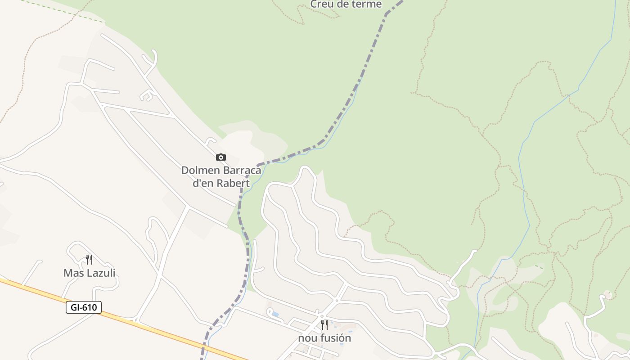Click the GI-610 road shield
pos(84,307)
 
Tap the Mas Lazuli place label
pos(89,273)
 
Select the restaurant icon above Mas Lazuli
pos(89,260)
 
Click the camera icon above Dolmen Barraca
pos(220,157)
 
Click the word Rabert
pos(233,183)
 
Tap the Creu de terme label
pos(346,4)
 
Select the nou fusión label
pos(324,338)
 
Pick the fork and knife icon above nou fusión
pos(324,324)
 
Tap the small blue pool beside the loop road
pos(275,314)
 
